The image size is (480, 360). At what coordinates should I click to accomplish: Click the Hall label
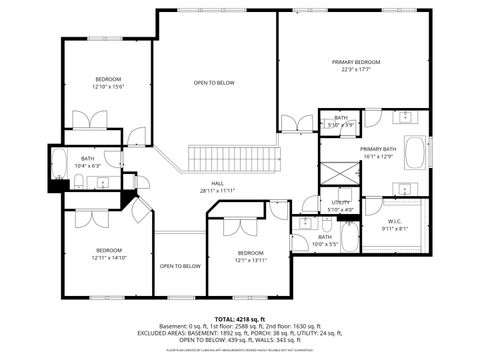209,183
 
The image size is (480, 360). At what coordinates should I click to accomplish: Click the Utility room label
341,203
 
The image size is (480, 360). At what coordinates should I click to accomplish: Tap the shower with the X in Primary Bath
341,171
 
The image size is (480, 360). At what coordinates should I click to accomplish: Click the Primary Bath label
377,149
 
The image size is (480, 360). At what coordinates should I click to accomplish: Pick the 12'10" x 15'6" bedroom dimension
108,87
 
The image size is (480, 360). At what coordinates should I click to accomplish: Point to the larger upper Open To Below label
214,83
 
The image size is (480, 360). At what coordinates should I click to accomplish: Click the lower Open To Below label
180,266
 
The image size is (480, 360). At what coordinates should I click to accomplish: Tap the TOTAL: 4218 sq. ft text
240,319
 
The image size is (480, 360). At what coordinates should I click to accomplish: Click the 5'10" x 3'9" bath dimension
341,125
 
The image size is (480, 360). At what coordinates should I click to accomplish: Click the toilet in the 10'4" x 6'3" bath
78,181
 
